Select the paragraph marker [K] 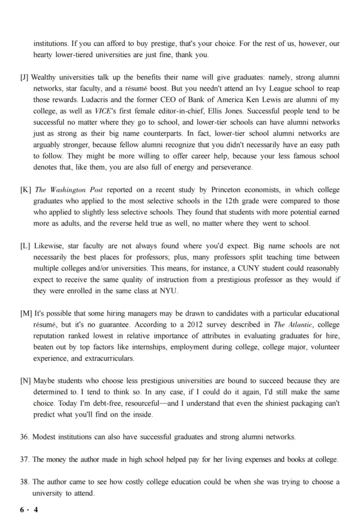coord(25,190)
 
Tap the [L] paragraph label coord(25,246)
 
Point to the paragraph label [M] coord(26,313)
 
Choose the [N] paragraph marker coord(26,381)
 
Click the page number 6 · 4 coord(29,510)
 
